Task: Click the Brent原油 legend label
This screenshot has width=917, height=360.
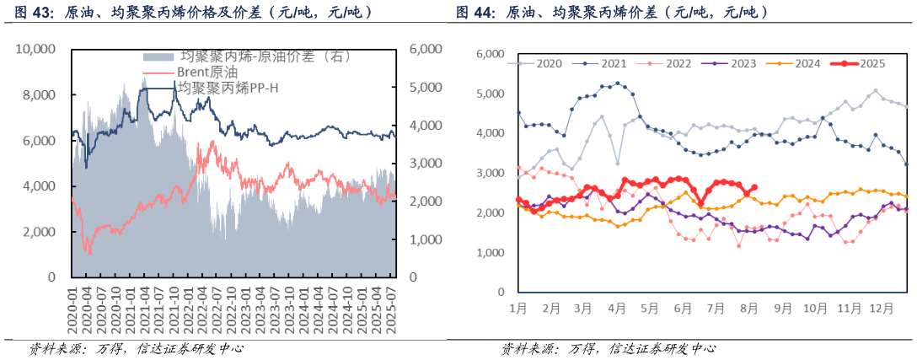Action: click(199, 72)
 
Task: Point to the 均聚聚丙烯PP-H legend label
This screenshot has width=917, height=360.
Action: click(227, 87)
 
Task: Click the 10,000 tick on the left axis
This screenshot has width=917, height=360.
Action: click(36, 50)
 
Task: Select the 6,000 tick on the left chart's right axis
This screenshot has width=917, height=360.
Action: click(423, 50)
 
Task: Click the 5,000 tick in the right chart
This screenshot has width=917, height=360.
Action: click(490, 94)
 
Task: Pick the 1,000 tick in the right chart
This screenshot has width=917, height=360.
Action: click(490, 252)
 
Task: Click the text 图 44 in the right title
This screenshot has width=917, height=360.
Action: click(475, 13)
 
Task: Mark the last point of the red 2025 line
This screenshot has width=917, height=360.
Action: click(754, 188)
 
